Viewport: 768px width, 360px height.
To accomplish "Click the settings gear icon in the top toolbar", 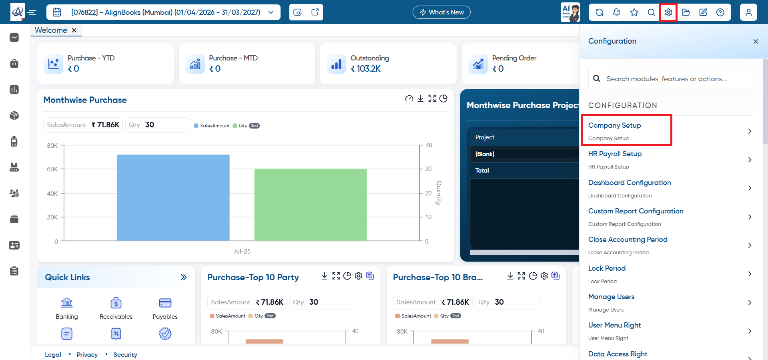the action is [668, 12].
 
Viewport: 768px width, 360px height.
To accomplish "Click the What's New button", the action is [441, 12].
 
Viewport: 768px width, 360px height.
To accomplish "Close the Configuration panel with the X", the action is [756, 41].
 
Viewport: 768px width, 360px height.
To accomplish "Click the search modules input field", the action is [671, 79].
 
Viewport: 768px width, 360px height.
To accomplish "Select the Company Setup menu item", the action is [615, 125].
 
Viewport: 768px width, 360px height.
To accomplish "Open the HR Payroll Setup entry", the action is [615, 154].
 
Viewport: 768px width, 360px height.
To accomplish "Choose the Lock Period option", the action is [607, 268].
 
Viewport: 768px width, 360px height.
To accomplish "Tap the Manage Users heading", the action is [611, 297].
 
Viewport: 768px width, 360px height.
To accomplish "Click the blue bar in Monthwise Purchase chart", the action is [173, 198].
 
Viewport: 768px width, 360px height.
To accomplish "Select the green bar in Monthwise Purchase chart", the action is [311, 205].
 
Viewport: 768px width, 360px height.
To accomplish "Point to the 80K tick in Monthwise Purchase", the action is [52, 146].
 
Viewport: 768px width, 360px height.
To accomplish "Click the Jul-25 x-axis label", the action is [242, 251].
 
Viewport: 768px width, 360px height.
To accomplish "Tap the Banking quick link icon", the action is [67, 302].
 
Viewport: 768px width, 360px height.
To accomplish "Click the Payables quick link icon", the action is [165, 303].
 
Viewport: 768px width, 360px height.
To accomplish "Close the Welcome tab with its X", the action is [74, 30].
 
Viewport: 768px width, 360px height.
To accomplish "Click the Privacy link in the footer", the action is [87, 355].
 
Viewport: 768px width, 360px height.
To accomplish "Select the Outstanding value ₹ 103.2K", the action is [365, 69].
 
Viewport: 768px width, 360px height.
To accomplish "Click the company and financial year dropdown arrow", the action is [271, 12].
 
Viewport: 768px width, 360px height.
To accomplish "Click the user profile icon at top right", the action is [748, 12].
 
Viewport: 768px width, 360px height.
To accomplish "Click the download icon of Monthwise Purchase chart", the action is [420, 99].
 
